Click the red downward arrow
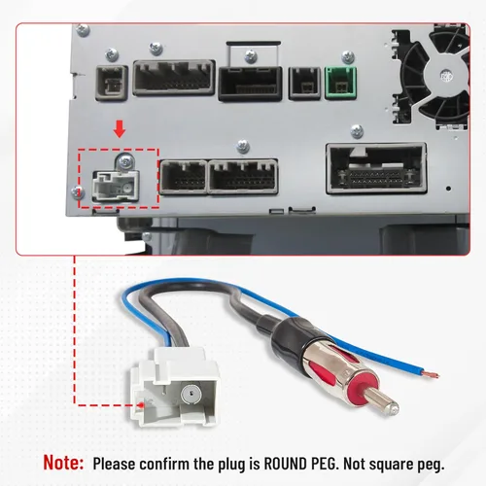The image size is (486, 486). point(120,129)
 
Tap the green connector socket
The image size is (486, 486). point(340,83)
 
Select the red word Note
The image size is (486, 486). point(63,462)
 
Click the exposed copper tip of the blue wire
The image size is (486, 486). point(431,375)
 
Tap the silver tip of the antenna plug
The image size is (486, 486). point(382,401)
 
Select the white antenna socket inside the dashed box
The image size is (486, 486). point(117,186)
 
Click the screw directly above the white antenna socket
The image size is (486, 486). point(125,160)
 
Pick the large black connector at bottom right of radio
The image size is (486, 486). point(376,168)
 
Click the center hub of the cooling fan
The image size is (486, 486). point(446,75)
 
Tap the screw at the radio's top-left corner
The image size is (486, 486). point(83,30)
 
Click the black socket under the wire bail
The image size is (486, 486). point(250,84)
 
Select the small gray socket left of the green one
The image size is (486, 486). point(304,84)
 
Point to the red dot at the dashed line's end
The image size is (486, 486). point(141,404)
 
